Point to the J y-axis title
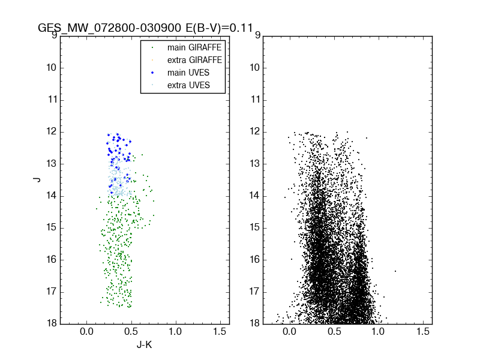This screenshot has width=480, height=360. click(37, 179)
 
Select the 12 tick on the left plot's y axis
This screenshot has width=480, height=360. click(52, 131)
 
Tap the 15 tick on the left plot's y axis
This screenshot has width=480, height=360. click(52, 227)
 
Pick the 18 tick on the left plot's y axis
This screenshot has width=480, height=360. click(52, 323)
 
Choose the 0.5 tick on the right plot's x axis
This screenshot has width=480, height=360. click(334, 332)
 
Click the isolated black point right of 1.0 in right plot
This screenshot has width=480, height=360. click(395, 271)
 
